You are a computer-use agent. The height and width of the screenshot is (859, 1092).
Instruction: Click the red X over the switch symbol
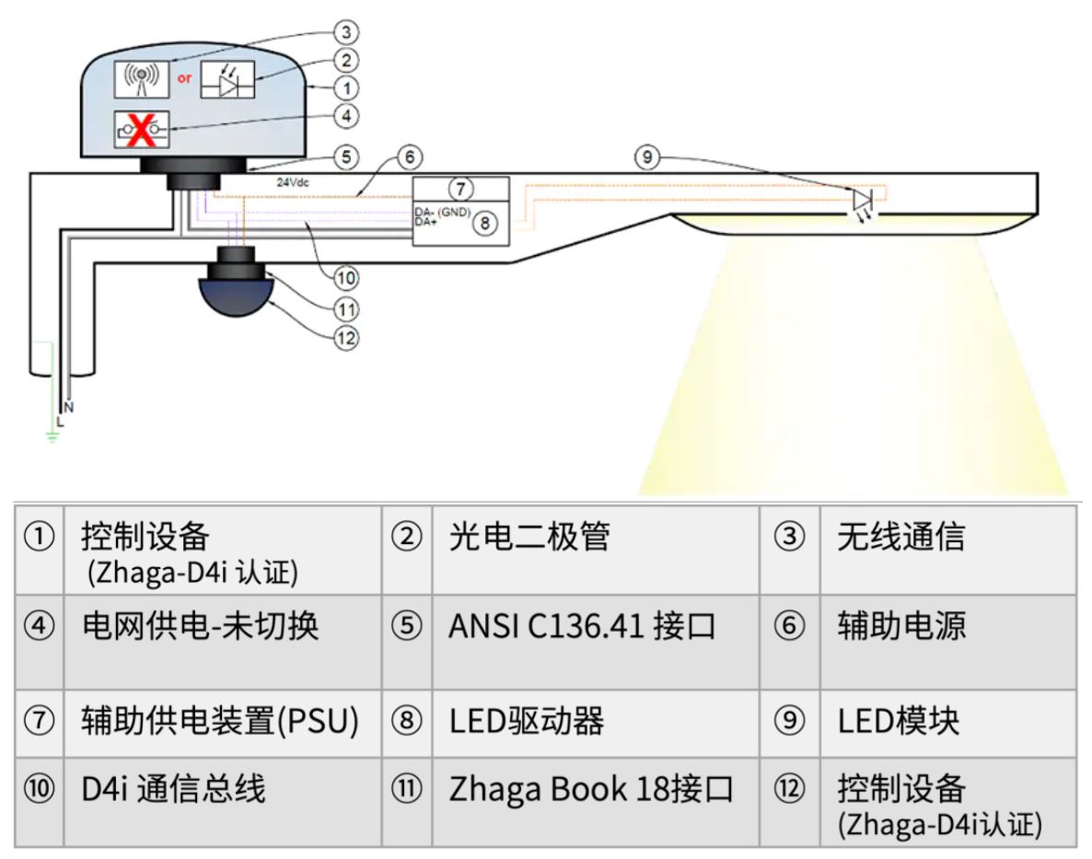(x=141, y=130)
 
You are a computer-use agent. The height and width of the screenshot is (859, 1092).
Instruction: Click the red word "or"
(x=185, y=79)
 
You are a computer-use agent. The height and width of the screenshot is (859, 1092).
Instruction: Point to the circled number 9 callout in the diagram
(x=646, y=157)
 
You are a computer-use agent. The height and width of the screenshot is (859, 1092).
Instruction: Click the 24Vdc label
(x=294, y=182)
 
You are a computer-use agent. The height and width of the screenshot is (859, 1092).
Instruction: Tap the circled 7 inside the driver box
(x=461, y=189)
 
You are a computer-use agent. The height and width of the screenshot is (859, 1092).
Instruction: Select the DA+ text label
(x=425, y=222)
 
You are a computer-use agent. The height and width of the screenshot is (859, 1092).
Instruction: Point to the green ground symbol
(x=52, y=435)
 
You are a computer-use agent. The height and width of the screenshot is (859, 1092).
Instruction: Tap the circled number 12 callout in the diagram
(x=346, y=338)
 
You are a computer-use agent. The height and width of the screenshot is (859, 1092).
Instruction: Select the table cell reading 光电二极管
(x=529, y=537)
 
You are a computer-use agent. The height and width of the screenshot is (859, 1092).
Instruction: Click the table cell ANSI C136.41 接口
(x=581, y=627)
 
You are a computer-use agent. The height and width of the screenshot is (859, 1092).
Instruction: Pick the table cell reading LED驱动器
(x=526, y=721)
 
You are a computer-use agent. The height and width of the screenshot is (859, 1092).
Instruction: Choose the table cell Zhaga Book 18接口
(x=590, y=789)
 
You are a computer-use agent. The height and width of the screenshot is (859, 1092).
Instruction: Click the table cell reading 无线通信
(x=900, y=537)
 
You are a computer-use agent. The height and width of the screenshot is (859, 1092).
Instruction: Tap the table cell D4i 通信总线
(x=173, y=789)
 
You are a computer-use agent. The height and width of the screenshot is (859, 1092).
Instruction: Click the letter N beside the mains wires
(x=69, y=406)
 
